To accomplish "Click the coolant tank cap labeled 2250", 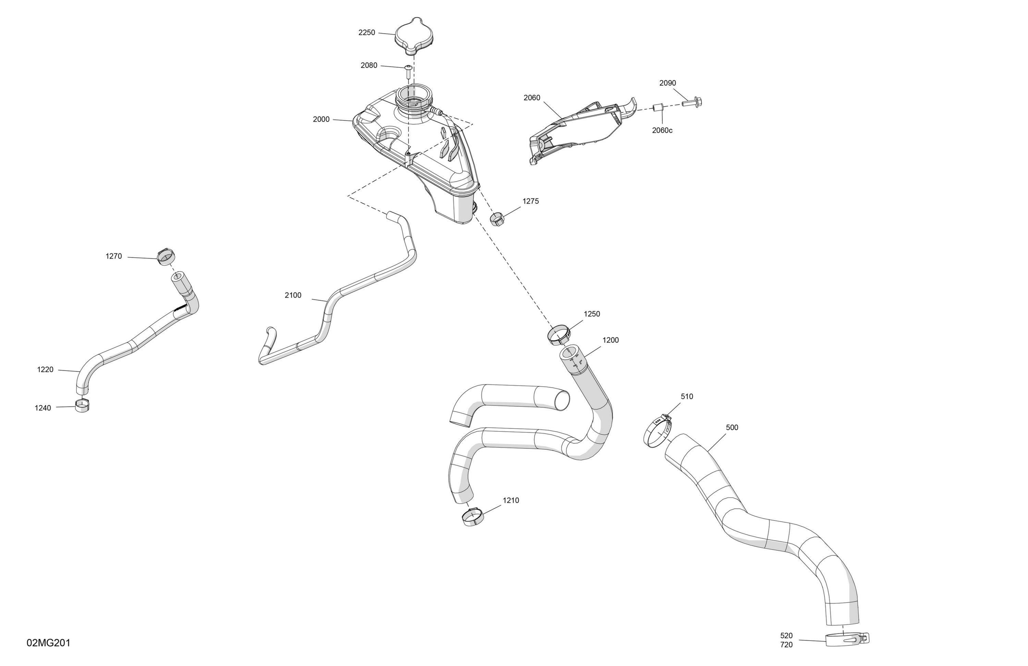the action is (x=413, y=37).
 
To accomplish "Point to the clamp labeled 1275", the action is (x=497, y=219).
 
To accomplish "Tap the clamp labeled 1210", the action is (x=473, y=517).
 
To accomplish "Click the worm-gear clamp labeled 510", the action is (x=657, y=430).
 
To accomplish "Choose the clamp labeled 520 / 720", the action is (x=847, y=639).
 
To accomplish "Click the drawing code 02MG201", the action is (x=48, y=643).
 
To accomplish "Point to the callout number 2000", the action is (x=321, y=120).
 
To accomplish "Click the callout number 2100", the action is (x=293, y=295).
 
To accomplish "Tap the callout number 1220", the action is (x=45, y=369).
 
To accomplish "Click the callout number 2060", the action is (x=532, y=98).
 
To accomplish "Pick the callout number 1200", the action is (x=610, y=340).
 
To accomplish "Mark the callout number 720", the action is (x=786, y=645).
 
